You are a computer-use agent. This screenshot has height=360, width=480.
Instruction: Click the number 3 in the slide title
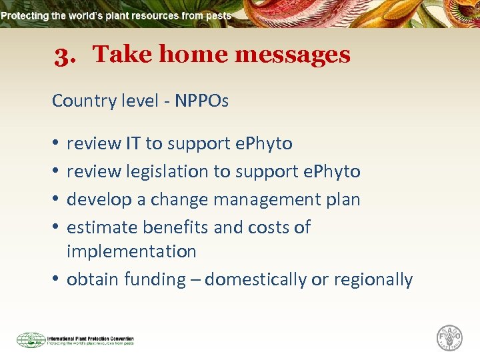64,55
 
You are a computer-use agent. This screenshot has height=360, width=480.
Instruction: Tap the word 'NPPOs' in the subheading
202,101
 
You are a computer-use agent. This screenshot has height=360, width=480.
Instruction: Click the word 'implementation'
131,251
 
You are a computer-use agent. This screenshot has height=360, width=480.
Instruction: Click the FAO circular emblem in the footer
449,338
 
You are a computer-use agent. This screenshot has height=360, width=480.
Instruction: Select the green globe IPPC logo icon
31,340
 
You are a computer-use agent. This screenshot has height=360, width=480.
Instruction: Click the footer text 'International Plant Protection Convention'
90,338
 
